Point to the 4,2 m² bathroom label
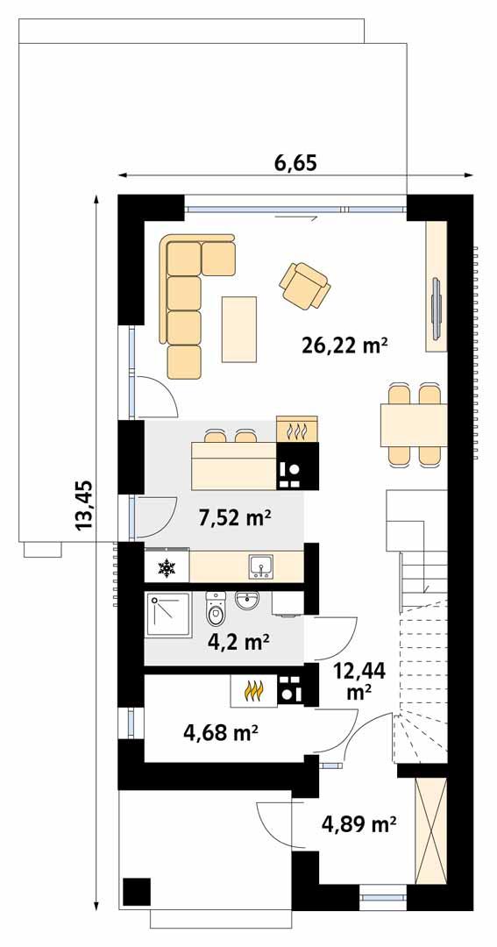pos(238,642)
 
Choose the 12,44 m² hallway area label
pos(359,680)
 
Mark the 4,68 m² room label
pos(220,731)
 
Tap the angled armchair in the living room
pos(304,285)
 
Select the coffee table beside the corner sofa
pos(239,329)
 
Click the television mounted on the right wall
pos(436,307)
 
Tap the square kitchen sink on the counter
pos(260,567)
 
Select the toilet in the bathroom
pos(216,607)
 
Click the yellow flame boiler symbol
pos(253,691)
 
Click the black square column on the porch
pos(136,891)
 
